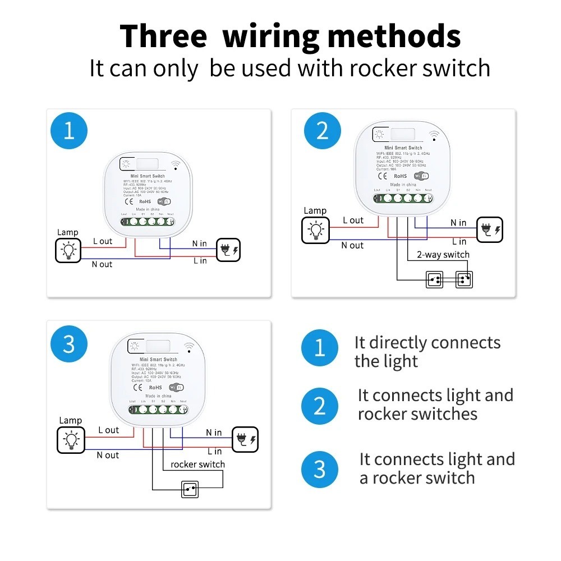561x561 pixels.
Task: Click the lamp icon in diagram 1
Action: (x=68, y=250)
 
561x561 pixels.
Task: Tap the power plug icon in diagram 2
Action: (x=489, y=230)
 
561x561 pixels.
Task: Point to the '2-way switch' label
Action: (x=443, y=255)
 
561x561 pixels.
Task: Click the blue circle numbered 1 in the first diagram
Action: (x=69, y=131)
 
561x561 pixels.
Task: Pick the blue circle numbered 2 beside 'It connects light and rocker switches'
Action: (x=320, y=406)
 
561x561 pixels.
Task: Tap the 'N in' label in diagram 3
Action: (x=214, y=433)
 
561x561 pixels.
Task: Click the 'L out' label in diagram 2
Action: (x=353, y=220)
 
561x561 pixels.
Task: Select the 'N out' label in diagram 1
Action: (x=102, y=264)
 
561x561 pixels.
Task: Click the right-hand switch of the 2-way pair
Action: (x=463, y=279)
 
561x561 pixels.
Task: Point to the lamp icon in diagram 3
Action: (x=70, y=440)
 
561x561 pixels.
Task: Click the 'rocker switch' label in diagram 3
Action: (x=197, y=465)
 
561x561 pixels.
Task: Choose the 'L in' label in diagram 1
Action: (x=200, y=261)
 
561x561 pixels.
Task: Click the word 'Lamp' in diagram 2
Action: (x=315, y=211)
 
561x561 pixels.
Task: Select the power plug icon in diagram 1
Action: (x=228, y=250)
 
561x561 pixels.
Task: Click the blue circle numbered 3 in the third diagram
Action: (x=69, y=344)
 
